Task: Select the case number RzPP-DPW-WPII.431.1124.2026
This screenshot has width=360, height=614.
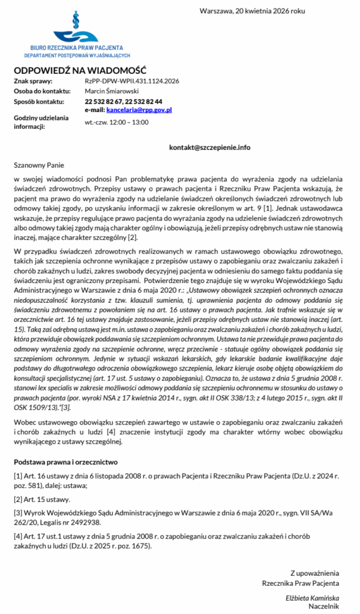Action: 131,81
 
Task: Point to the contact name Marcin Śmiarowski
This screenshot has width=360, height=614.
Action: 112,91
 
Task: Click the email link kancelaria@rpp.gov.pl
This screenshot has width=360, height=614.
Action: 139,110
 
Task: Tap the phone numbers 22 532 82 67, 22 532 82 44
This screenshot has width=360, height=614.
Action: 123,102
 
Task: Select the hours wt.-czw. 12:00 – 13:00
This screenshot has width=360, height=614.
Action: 116,122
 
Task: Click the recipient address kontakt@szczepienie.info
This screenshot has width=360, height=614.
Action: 209,147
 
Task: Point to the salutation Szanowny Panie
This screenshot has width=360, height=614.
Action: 38,165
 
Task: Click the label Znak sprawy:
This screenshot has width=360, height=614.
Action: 34,81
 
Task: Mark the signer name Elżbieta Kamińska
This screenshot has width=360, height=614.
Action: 312,598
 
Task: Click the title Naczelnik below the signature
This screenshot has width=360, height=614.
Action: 324,606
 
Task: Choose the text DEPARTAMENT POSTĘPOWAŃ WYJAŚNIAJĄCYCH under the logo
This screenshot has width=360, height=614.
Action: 77,55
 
